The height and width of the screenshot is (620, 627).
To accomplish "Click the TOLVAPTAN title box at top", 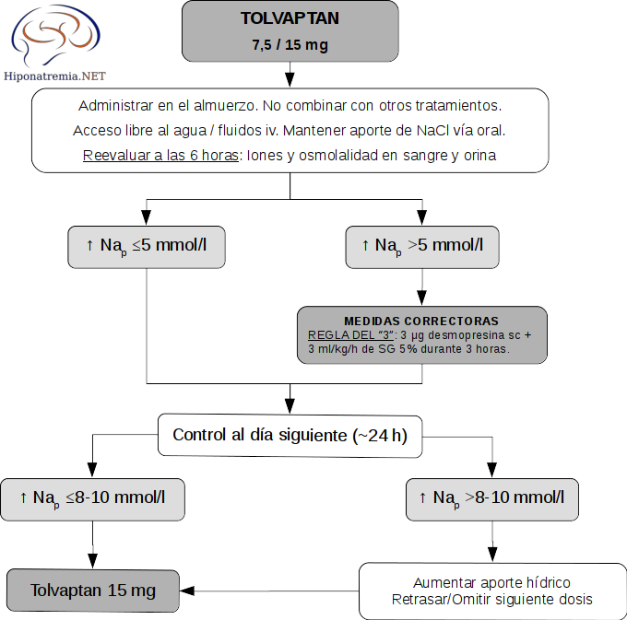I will point(290,30).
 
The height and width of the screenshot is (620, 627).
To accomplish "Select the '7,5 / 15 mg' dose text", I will point(290,44).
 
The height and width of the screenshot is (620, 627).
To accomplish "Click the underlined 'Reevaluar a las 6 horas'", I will point(160,155).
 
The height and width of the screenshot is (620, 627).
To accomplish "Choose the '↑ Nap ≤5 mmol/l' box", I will point(147,246).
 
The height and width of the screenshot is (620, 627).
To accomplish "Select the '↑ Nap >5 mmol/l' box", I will point(421,246).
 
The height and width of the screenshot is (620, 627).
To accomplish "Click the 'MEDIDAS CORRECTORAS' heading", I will point(421,321).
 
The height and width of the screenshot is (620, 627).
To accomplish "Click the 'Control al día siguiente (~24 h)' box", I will point(290,435).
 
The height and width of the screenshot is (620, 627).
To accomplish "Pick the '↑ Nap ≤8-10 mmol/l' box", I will point(92,497).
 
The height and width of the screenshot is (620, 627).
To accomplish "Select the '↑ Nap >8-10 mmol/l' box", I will point(492,497).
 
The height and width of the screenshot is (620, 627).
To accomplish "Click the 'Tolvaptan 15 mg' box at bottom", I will point(92,591).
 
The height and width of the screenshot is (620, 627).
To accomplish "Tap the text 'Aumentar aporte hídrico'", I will point(491,583).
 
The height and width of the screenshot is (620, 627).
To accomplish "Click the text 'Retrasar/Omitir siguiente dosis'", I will point(491,600).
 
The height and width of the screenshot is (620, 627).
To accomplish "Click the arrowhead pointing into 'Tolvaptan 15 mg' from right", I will point(188,591).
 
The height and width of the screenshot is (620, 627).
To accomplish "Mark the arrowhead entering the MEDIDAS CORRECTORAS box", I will point(421,299).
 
